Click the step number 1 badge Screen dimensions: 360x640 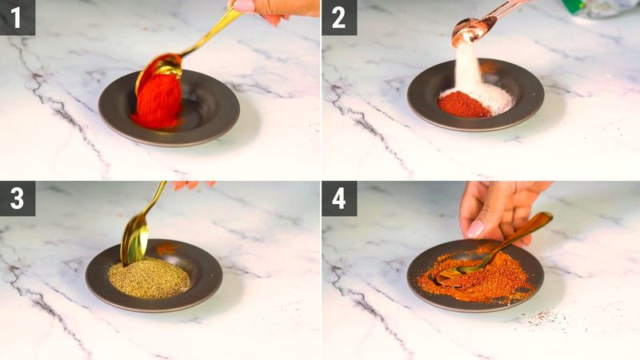[17, 17]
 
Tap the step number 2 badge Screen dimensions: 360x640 [338, 17]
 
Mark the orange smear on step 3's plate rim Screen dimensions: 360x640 [166, 249]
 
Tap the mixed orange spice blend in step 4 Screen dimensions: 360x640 [488, 276]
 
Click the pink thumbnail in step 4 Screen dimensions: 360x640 [475, 229]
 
